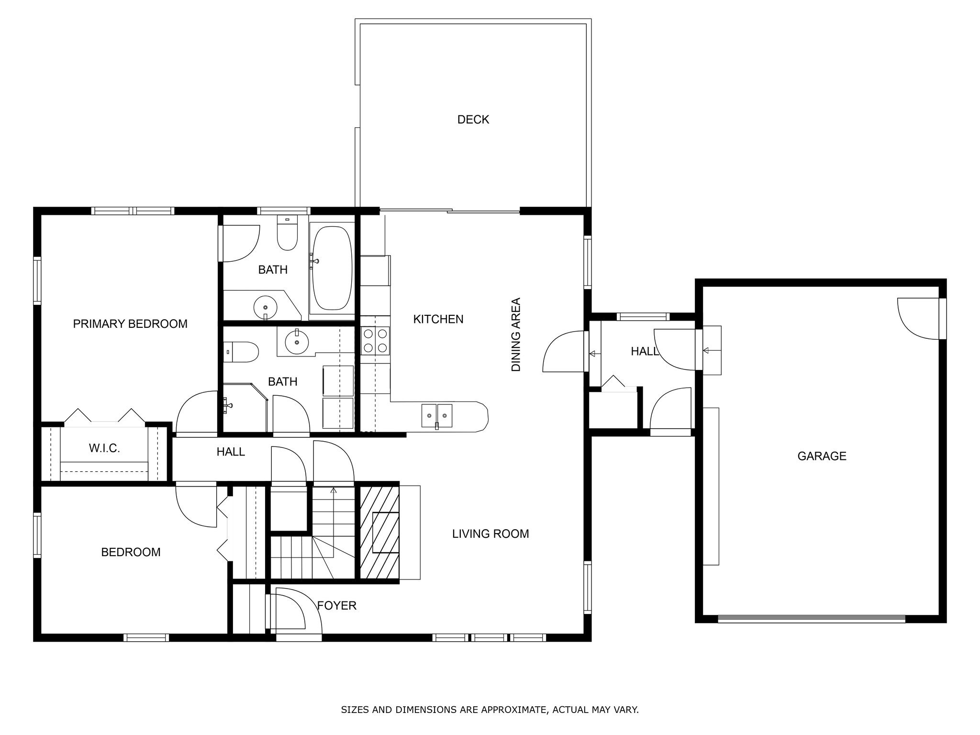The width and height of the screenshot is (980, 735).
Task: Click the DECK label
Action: [473, 120]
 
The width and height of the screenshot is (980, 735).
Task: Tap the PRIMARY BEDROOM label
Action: [130, 324]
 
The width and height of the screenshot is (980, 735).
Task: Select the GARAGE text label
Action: [822, 456]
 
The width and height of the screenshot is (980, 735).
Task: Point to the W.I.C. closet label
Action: [104, 448]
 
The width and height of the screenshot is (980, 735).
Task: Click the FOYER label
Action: [337, 606]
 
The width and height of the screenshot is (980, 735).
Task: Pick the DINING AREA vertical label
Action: [516, 334]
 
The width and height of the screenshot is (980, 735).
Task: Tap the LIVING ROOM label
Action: [490, 534]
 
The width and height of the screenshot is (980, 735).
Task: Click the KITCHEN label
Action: [438, 319]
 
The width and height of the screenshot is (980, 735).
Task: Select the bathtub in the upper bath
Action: [332, 267]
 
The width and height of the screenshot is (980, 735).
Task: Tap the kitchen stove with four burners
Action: [375, 340]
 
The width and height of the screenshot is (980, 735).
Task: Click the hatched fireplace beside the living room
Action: [379, 533]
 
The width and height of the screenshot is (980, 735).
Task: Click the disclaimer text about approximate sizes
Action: [490, 710]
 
